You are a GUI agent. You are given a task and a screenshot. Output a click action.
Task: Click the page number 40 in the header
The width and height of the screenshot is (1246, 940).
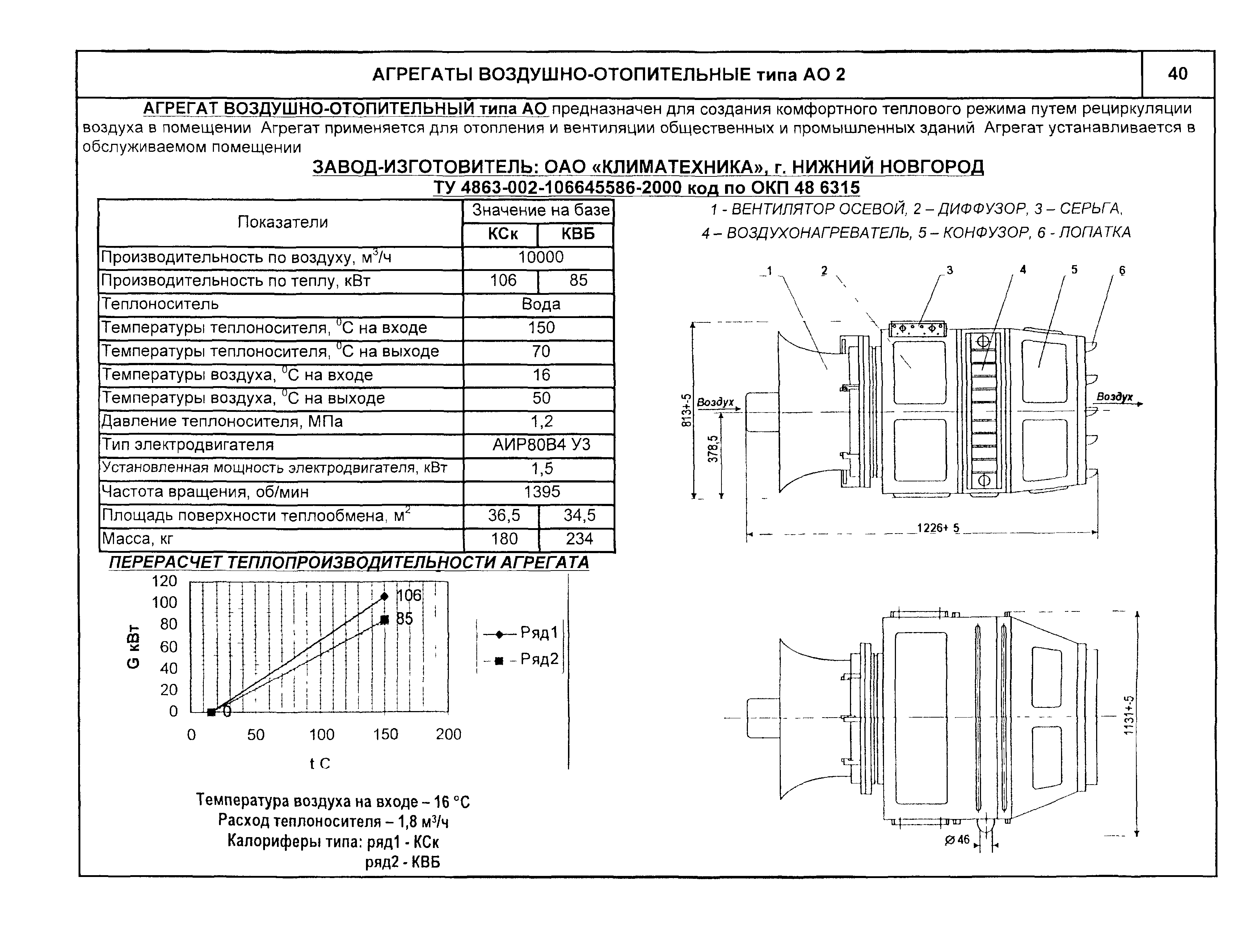1177,74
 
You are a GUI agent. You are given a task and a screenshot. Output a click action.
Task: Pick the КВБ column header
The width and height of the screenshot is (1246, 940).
577,234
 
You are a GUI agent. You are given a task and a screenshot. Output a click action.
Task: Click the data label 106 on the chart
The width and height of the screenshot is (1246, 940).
408,596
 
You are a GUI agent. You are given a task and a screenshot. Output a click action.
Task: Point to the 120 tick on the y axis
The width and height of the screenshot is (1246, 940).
164,581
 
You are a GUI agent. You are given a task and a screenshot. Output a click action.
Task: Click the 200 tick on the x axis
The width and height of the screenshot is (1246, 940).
449,734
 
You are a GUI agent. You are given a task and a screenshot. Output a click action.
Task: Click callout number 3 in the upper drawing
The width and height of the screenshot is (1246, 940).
950,271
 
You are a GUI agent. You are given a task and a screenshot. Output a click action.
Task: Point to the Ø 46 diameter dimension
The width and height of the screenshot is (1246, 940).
957,840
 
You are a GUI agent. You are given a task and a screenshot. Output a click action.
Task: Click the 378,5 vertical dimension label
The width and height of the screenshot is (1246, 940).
713,450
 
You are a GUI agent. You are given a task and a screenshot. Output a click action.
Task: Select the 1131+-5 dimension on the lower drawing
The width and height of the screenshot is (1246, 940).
1129,715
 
